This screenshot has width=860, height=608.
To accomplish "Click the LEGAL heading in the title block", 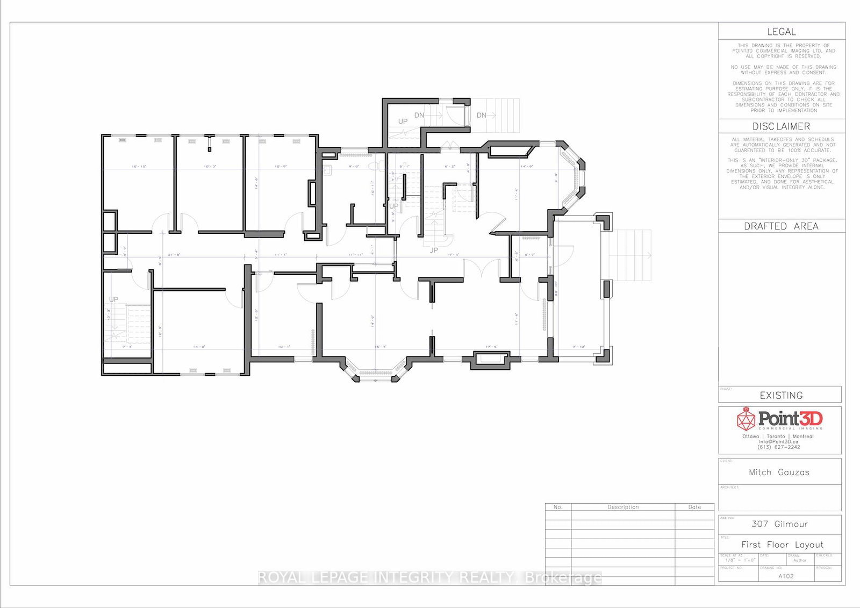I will click(x=781, y=32).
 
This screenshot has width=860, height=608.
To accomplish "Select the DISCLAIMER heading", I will click(x=781, y=126).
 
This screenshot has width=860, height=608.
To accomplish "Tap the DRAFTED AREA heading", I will click(x=781, y=226).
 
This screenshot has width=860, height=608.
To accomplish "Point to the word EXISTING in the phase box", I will click(x=781, y=396).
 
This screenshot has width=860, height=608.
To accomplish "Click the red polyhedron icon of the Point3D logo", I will click(x=746, y=418).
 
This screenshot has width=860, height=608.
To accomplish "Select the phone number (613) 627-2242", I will click(x=779, y=447).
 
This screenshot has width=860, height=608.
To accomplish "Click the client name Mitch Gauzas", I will click(x=779, y=473).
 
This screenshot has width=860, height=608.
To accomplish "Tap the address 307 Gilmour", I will click(x=779, y=524).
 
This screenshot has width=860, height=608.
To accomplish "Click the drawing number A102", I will click(x=786, y=576).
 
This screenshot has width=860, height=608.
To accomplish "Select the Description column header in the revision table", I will click(x=623, y=507).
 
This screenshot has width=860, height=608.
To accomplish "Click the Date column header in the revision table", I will click(x=694, y=507).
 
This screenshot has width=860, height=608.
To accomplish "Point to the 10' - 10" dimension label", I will click(x=139, y=167).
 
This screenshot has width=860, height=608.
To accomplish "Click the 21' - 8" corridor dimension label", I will click(x=174, y=255).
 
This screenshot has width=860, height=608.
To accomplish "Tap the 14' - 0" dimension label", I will click(x=199, y=347).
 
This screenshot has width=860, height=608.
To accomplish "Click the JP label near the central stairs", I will click(x=434, y=251).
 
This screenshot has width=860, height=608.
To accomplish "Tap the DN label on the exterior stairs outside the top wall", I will click(x=482, y=115).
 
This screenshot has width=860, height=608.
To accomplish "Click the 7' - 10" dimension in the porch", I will click(x=578, y=347).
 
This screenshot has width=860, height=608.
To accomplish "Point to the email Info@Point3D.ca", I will click(x=779, y=442).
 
